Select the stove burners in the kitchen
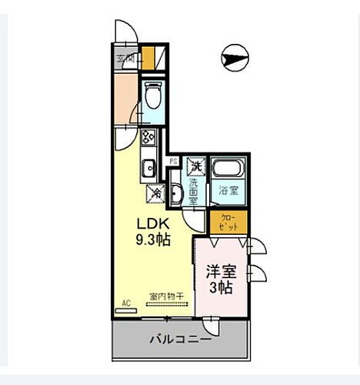[x=148, y=139]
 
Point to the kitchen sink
[x=147, y=166]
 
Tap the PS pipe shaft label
[x=175, y=162]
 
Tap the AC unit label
[x=125, y=303]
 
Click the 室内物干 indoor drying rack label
[x=163, y=296]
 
